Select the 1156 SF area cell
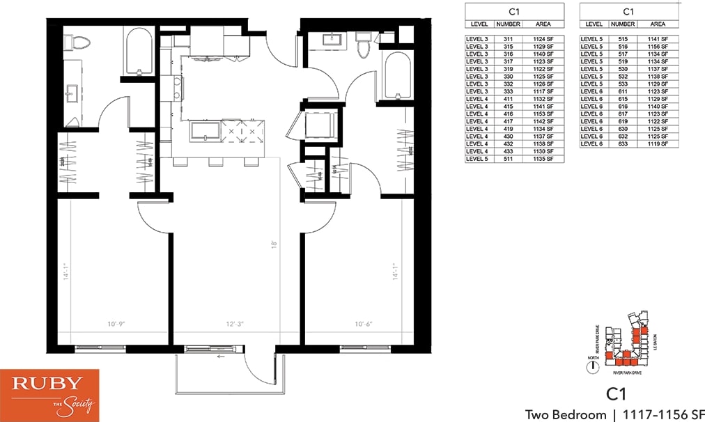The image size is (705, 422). (658, 46)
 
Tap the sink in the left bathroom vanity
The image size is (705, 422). (72, 93)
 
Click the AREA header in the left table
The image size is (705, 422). (542, 24)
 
